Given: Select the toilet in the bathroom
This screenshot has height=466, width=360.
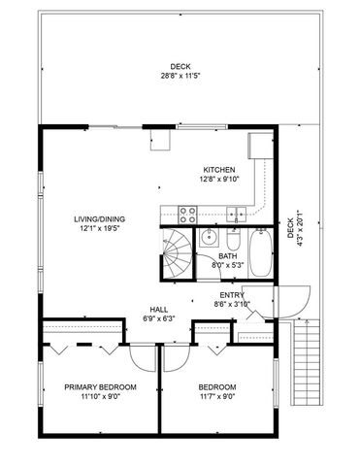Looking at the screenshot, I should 234,240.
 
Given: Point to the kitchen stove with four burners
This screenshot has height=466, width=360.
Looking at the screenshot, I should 188,213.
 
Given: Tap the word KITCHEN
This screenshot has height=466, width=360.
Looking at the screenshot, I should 218,169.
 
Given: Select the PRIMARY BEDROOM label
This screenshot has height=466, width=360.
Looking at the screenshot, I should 100,386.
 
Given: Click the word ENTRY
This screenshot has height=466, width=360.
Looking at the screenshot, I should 231,295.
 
